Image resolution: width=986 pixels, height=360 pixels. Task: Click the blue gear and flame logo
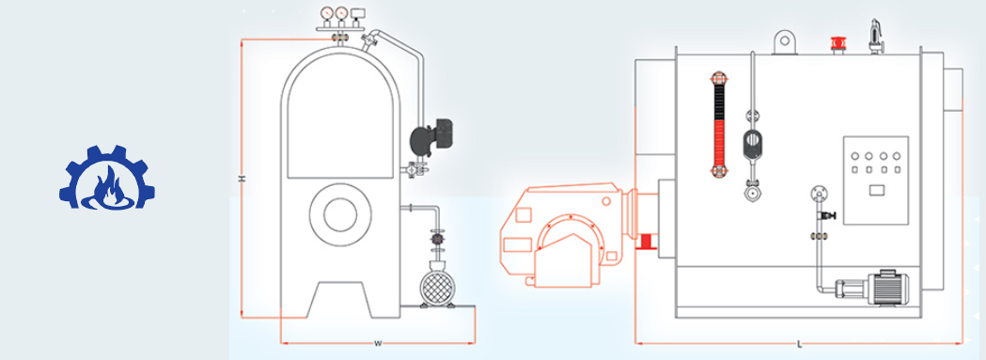(x=107, y=177)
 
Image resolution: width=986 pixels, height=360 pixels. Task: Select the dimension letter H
(x=241, y=179)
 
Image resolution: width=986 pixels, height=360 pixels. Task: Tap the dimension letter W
(x=378, y=344)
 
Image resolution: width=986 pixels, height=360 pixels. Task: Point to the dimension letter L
(x=799, y=344)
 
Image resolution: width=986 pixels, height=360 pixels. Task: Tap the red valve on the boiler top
(x=837, y=43)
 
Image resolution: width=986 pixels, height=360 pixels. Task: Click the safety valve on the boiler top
(x=874, y=37)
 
